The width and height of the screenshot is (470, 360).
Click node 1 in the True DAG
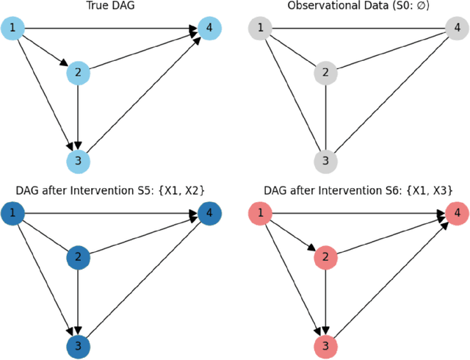(x=12, y=29)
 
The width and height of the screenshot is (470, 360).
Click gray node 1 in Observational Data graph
(x=258, y=29)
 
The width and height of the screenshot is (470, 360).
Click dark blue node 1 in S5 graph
(x=12, y=215)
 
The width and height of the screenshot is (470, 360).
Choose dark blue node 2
(x=77, y=258)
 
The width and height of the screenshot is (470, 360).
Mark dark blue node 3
(x=77, y=345)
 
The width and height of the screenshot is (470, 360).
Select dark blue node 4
(x=209, y=215)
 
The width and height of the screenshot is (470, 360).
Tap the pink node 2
(x=324, y=258)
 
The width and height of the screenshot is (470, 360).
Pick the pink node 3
(x=324, y=345)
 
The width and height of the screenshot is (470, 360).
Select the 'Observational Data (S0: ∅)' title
(x=357, y=7)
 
